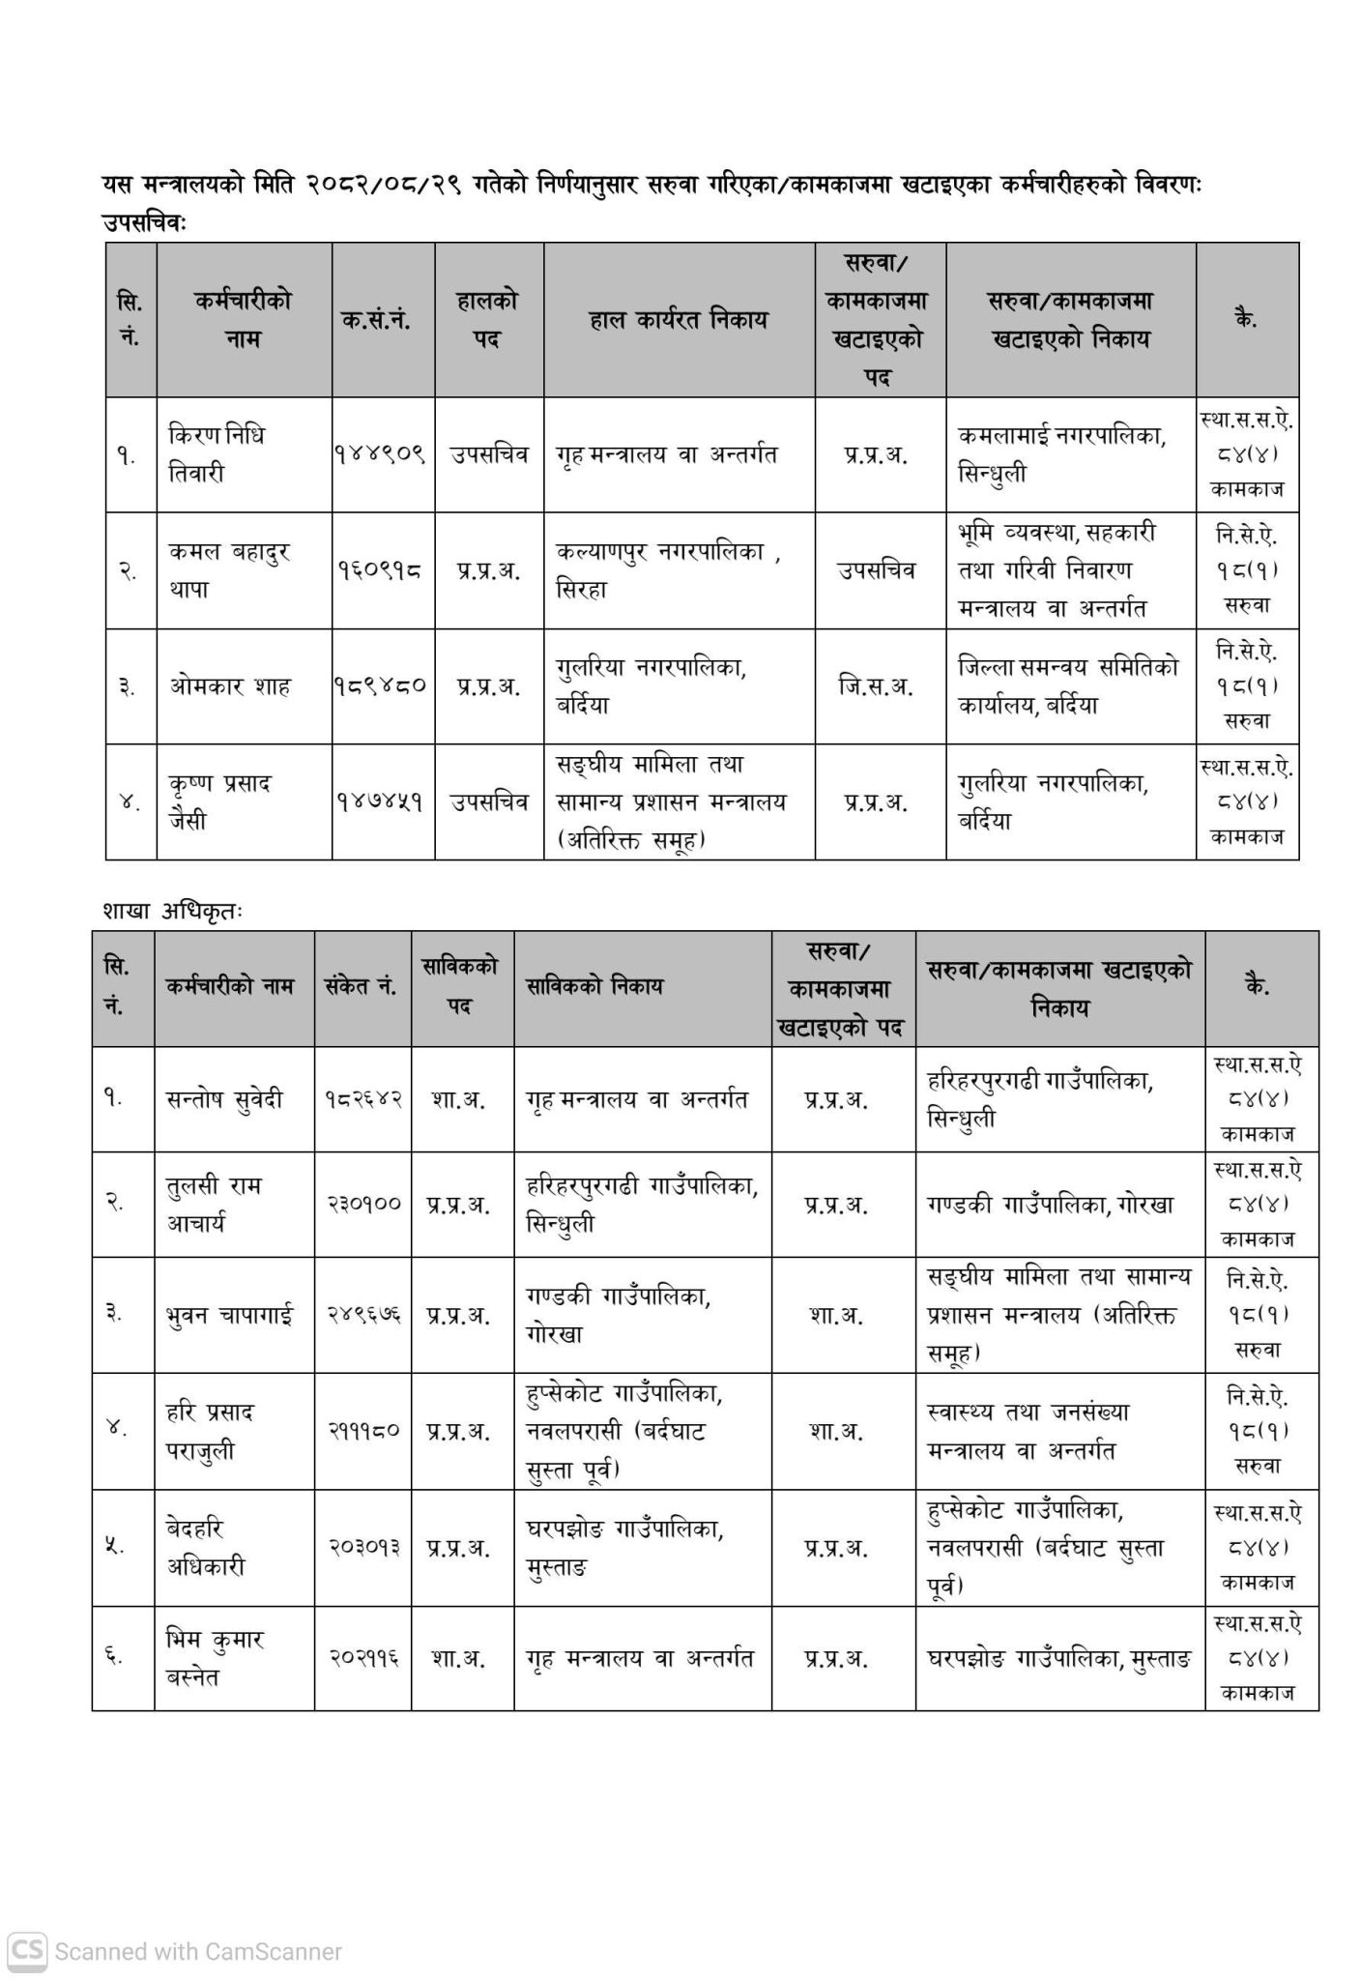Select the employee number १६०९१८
(381, 570)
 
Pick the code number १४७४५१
(381, 801)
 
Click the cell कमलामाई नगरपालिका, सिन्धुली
(1061, 453)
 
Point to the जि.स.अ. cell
(878, 686)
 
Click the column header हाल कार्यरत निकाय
(678, 319)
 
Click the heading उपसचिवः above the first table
(144, 222)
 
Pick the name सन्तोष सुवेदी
(224, 1099)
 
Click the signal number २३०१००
(362, 1205)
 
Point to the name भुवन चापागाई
(229, 1316)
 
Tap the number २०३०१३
(362, 1548)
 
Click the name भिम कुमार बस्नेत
(214, 1658)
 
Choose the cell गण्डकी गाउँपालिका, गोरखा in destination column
(1050, 1205)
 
